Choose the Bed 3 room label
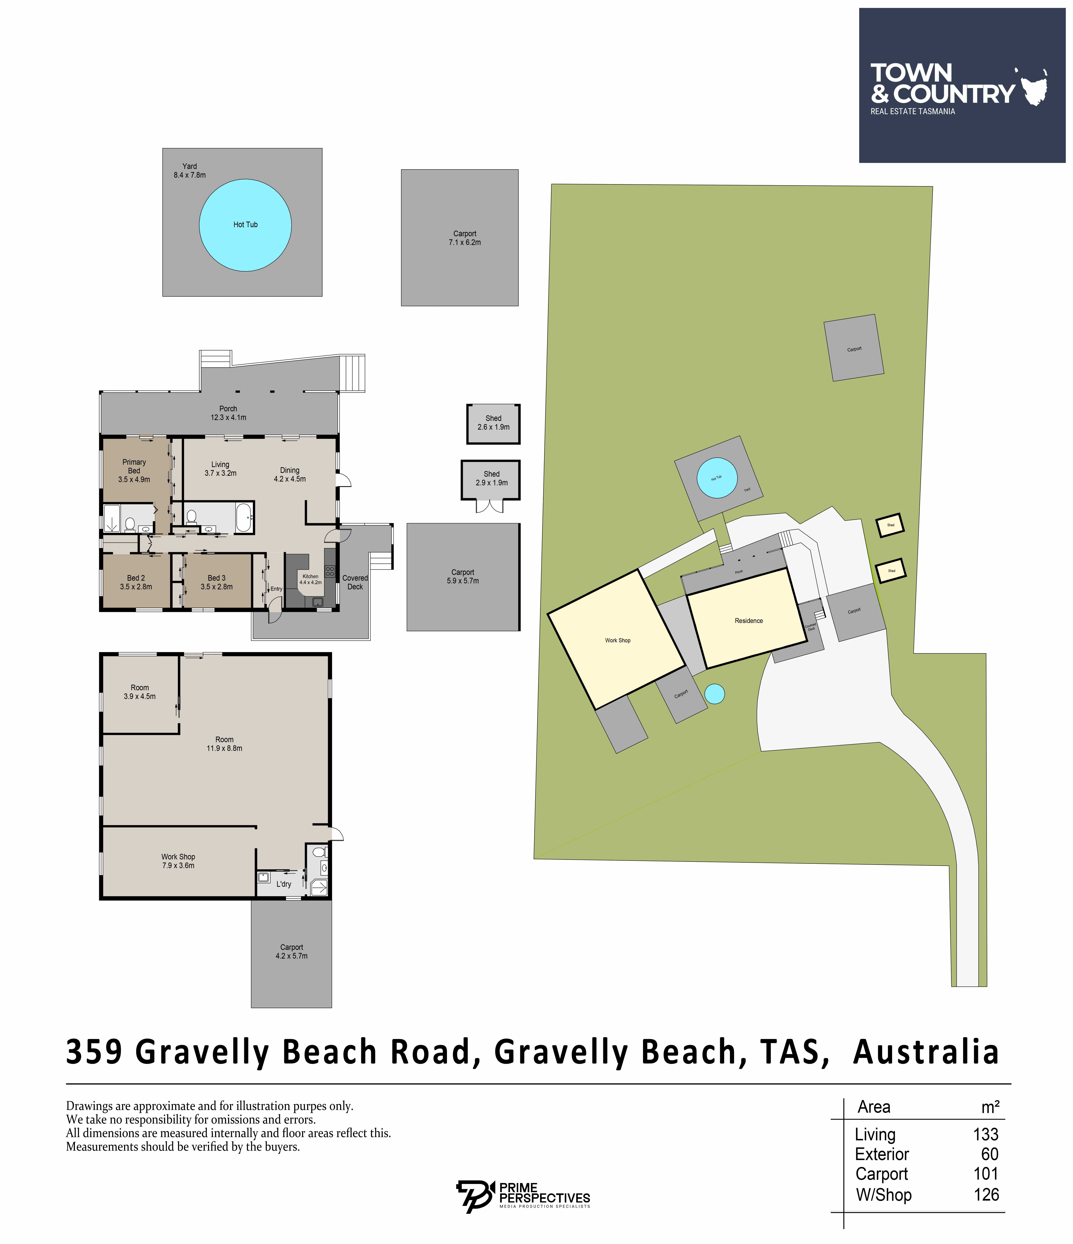click(x=216, y=582)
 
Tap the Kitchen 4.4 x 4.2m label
click(x=310, y=579)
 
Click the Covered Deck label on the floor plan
click(x=355, y=582)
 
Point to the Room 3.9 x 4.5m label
click(x=140, y=692)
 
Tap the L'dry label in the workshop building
click(x=284, y=884)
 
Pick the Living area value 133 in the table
click(x=985, y=1134)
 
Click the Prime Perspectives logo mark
click(x=474, y=1196)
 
